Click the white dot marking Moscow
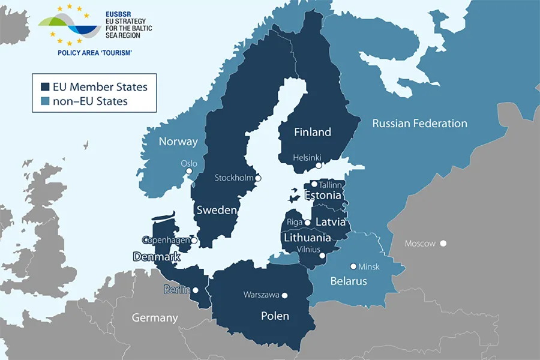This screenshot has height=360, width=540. (x=443, y=243)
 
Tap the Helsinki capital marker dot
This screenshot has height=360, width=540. (x=319, y=165)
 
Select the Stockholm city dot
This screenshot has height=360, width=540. (x=258, y=178)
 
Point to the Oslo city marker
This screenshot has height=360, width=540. (x=189, y=171)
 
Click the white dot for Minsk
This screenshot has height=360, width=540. (x=353, y=266)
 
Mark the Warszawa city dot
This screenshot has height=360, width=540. (x=285, y=295)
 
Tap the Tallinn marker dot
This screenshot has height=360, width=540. (x=314, y=185)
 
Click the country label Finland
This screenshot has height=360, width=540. (x=312, y=132)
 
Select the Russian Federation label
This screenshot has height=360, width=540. (x=419, y=124)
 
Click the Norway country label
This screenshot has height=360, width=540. (x=178, y=142)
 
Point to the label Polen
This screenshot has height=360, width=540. (x=275, y=316)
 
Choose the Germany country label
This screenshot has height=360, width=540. (x=155, y=317)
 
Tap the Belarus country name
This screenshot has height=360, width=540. (x=348, y=281)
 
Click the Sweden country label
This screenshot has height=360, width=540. (x=216, y=211)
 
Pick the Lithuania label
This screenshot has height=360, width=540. (x=307, y=238)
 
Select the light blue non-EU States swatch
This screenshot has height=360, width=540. (x=44, y=101)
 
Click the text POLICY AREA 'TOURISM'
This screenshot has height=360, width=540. (x=94, y=53)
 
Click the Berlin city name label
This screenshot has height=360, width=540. (x=176, y=290)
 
